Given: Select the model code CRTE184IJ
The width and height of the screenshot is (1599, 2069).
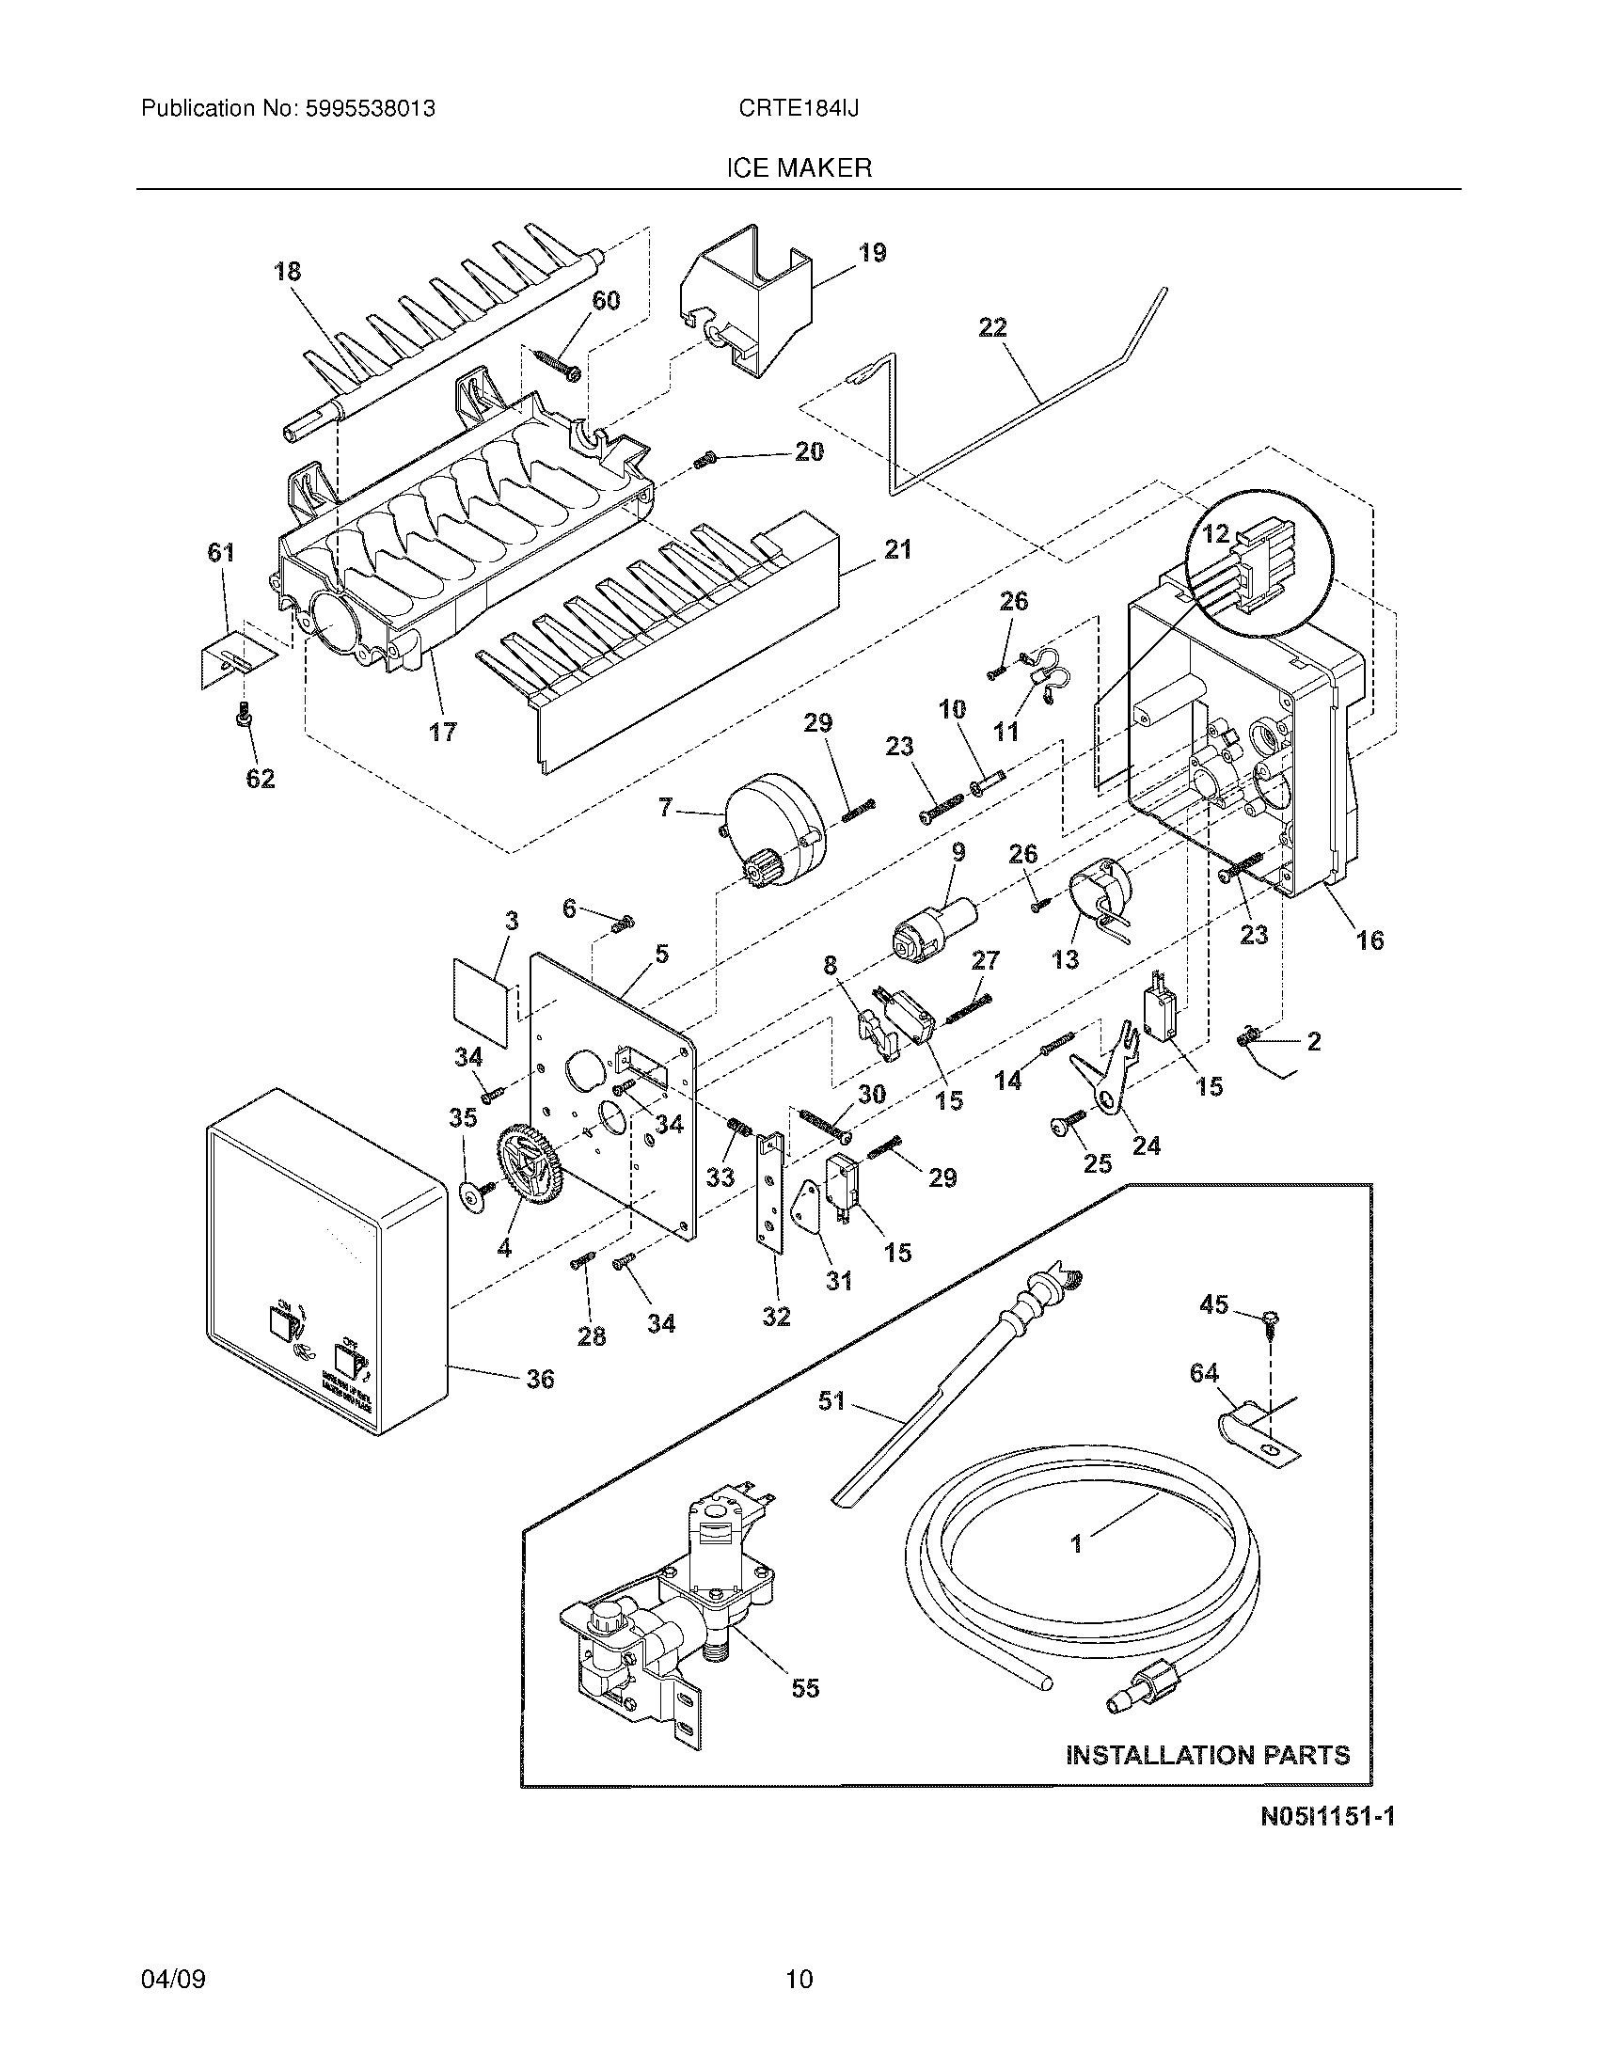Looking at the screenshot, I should tap(799, 109).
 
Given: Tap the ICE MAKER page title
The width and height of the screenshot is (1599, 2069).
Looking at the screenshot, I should tap(799, 168).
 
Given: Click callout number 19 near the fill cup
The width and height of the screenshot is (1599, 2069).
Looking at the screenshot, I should tap(872, 253).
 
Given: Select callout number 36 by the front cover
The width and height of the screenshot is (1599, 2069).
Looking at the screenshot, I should tap(540, 1379).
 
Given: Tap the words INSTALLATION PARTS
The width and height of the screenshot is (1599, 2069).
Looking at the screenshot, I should tap(1208, 1756).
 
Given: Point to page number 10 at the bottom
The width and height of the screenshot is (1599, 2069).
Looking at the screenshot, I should tap(799, 1979).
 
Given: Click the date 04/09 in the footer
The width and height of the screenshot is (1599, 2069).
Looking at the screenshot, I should tap(173, 1979).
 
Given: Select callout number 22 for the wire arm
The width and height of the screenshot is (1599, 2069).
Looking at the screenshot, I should tap(991, 328).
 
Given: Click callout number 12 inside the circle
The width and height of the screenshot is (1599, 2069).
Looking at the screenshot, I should tap(1215, 533).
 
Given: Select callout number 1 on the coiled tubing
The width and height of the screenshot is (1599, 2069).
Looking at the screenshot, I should tap(1076, 1543).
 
